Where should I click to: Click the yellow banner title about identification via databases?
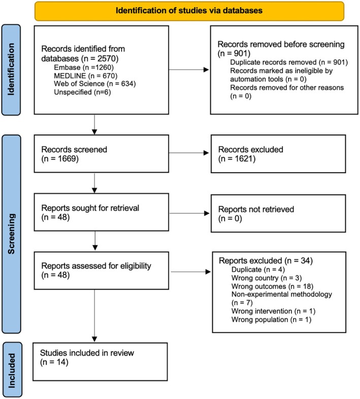tap(189, 11)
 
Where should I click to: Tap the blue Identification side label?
tap(11, 70)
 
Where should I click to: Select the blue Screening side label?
tap(11, 234)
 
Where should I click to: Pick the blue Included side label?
tap(12, 370)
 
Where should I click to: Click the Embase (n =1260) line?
tap(84, 68)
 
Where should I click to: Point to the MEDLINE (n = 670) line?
tap(85, 76)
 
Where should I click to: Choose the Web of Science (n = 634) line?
tap(95, 84)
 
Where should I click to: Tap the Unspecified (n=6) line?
tap(82, 92)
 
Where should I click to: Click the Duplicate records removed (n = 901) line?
tap(289, 62)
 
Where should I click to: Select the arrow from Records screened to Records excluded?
tap(189, 153)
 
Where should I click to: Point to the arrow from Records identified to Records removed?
tap(189, 70)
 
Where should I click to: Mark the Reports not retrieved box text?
tap(256, 214)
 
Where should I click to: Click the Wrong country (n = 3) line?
tap(267, 278)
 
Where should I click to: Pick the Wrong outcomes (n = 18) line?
tap(273, 286)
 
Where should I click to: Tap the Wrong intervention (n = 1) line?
tap(274, 311)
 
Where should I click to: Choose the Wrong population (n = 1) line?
tap(272, 319)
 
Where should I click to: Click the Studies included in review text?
tap(87, 353)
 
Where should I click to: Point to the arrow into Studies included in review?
tap(94, 316)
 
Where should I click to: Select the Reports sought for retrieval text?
tap(90, 208)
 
